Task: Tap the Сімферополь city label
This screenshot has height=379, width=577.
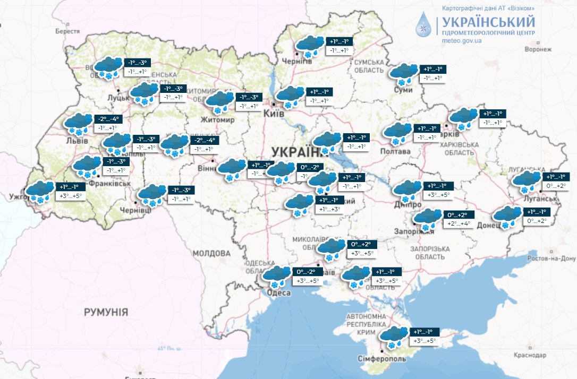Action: click(381, 358)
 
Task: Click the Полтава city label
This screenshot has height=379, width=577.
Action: click(395, 151)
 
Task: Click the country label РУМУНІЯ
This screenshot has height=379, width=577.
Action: click(106, 312)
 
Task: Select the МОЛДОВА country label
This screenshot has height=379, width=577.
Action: click(210, 253)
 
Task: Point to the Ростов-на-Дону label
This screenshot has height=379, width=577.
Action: click(552, 259)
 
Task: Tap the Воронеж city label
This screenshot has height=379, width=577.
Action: click(538, 49)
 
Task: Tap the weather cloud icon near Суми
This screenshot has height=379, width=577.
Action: click(404, 74)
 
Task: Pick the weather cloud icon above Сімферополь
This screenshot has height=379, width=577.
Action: click(394, 336)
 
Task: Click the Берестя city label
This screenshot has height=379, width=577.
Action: click(67, 31)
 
